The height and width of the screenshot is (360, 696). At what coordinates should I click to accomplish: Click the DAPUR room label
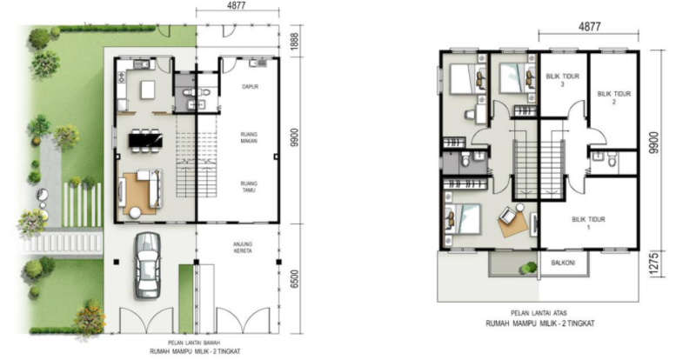(250, 87)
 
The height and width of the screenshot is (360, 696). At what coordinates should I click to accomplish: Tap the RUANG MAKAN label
(250, 137)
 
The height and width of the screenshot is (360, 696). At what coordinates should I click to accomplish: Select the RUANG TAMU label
(250, 187)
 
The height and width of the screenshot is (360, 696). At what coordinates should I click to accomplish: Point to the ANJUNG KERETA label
(243, 247)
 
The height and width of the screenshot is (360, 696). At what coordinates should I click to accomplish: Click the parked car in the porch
(147, 265)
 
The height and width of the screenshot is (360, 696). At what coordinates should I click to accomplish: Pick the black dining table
(145, 141)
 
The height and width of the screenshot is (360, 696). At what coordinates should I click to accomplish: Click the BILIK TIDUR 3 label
(562, 80)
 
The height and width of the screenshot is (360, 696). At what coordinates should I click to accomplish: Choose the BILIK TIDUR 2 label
(614, 97)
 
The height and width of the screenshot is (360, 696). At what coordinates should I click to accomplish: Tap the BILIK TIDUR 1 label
(589, 223)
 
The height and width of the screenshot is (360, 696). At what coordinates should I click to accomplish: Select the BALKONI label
(563, 263)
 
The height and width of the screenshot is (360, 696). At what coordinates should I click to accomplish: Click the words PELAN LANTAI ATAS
(539, 313)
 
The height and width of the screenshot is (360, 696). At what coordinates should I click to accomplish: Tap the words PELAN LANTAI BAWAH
(194, 343)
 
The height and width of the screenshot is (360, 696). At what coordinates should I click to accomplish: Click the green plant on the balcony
(528, 267)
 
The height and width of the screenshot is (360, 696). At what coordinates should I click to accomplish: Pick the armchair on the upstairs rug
(507, 217)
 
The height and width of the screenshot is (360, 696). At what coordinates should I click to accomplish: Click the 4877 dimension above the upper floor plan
(590, 26)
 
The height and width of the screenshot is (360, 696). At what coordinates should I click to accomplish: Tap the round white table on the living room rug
(135, 213)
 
